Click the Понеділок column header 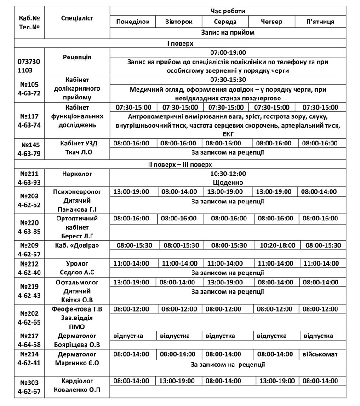click(x=132, y=22)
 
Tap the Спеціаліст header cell click(x=77, y=18)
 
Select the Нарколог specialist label click(x=77, y=174)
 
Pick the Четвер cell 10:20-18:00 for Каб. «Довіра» click(x=274, y=245)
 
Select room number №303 click(x=29, y=382)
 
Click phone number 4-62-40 click(x=29, y=273)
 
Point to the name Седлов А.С click(x=77, y=273)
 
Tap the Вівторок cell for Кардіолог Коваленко click(x=177, y=381)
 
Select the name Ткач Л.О click(x=77, y=152)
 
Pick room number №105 click(x=29, y=84)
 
